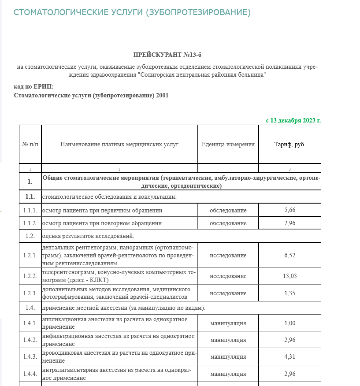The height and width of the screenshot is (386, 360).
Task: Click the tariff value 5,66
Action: tap(290, 210)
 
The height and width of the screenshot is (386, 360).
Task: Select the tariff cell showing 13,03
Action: tap(290, 276)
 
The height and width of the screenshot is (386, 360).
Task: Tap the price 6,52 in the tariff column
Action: tap(290, 255)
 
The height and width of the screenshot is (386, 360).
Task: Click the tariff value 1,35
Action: tap(290, 293)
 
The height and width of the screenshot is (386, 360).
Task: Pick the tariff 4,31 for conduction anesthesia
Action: tap(290, 356)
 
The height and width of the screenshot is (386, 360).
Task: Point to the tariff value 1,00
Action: tap(290, 323)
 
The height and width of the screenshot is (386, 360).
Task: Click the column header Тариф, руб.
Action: tap(290, 145)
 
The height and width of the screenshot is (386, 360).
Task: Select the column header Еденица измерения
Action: tap(228, 145)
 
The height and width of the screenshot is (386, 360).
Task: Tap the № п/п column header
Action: tap(30, 145)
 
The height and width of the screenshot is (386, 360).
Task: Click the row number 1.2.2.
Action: tap(30, 276)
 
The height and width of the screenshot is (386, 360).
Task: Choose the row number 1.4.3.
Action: tap(30, 356)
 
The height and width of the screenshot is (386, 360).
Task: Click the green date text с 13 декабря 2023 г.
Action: tap(293, 120)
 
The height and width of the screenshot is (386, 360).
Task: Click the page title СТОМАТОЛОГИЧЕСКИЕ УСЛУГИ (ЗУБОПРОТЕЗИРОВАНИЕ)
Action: tap(132, 12)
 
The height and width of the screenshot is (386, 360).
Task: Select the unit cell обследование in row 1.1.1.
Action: tap(228, 210)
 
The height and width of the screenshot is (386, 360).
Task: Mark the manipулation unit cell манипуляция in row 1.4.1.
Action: tap(228, 323)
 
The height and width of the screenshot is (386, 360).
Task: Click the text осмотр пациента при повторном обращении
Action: tap(102, 223)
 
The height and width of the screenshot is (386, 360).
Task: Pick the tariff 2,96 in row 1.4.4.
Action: tap(290, 374)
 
